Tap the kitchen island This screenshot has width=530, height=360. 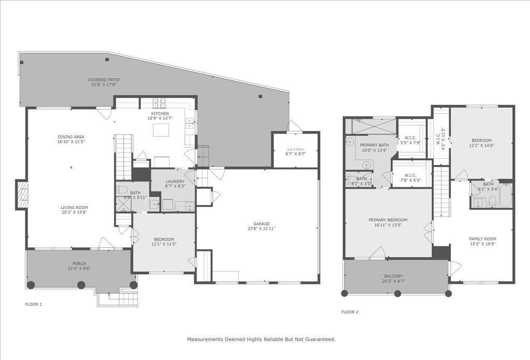[160, 129]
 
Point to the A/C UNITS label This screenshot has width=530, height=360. [296, 149]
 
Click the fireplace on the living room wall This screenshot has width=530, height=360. [22, 194]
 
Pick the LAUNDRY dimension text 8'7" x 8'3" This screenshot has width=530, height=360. [175, 186]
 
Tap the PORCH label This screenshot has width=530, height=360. [79, 263]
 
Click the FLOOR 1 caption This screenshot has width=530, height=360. [34, 304]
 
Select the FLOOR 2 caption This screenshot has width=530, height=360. [350, 312]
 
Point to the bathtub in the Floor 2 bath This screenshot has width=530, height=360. [505, 197]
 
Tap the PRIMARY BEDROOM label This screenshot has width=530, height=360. [388, 219]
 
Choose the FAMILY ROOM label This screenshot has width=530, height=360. [482, 238]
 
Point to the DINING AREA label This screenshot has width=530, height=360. [70, 137]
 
